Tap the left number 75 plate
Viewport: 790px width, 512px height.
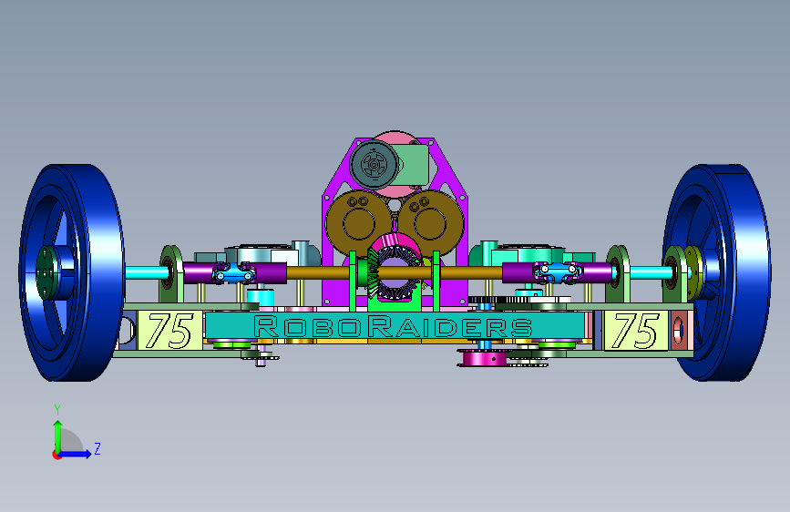point(169,330)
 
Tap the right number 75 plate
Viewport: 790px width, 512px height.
point(636,330)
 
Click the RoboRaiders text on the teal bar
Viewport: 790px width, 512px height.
point(393,327)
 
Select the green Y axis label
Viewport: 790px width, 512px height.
point(57,409)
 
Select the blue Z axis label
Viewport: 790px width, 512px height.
point(97,448)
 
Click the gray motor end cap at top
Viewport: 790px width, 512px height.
point(374,164)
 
